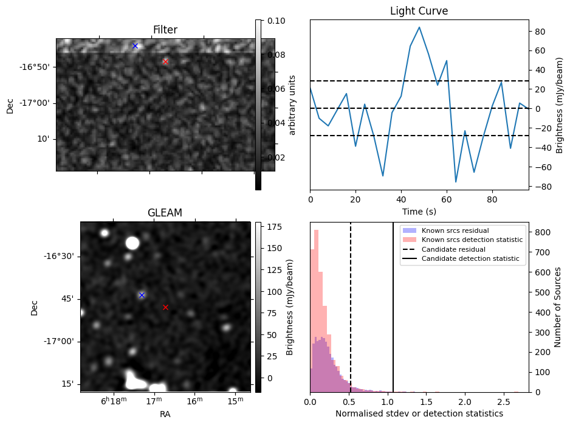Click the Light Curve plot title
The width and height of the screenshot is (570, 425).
pos(419,11)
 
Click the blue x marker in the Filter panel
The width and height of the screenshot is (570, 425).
pos(135,46)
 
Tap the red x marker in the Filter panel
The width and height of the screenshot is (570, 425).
pos(165,61)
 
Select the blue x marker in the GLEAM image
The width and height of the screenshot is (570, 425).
pos(142,295)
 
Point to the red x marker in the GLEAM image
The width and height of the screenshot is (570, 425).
pos(165,307)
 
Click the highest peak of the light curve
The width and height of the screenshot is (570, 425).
pos(419,27)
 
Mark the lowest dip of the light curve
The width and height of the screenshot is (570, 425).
pos(456,182)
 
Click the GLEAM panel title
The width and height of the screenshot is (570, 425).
pos(165,213)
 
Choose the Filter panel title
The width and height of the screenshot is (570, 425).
pos(165,30)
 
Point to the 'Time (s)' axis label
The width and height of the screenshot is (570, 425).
pos(419,212)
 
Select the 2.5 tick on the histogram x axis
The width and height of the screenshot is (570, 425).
pos(504,402)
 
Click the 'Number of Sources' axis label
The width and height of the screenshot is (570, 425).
pos(558,306)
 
